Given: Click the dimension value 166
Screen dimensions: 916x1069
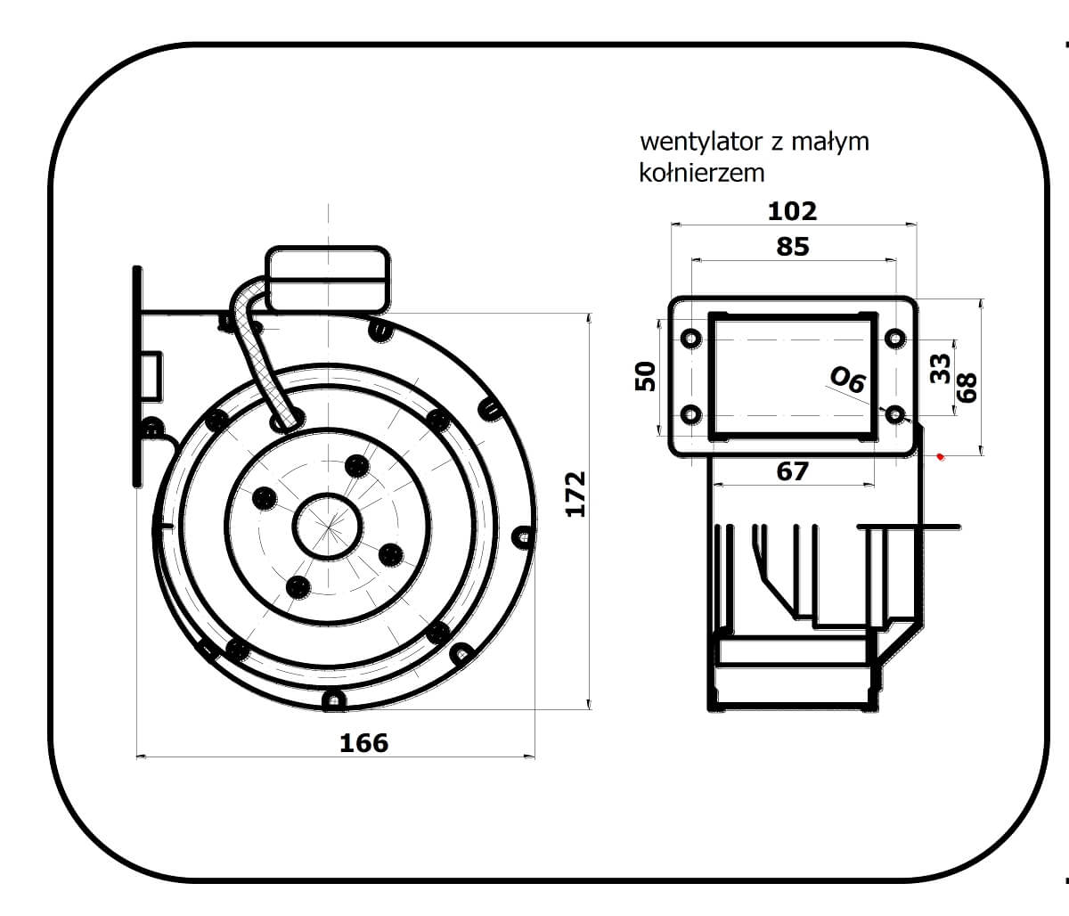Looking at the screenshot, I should coord(364,742).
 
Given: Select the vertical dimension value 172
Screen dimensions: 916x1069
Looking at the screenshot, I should coord(576,493).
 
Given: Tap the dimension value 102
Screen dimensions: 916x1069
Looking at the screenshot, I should coord(792,211).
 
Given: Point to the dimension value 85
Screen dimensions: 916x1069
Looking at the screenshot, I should coord(792,246).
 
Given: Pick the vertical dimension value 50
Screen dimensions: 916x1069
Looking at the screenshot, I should coord(645,376).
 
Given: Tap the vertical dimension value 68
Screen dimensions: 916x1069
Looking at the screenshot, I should coord(967,386).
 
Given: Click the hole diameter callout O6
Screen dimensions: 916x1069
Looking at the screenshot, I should coord(847,380).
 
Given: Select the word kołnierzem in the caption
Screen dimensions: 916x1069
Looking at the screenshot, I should coord(701,171).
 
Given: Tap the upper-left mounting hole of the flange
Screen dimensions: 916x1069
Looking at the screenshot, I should coord(691,339).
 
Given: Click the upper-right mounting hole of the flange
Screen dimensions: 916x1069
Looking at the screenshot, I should coord(895,339).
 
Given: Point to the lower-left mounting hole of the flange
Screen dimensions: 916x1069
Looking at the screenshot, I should coord(691,414).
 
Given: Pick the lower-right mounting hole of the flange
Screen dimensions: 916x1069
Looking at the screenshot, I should coord(895,414).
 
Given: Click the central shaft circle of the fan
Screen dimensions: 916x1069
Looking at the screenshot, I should coord(328,527).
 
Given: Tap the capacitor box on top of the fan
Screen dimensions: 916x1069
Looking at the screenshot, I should coord(328,279).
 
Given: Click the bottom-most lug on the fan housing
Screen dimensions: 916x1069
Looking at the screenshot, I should coord(334,701).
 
